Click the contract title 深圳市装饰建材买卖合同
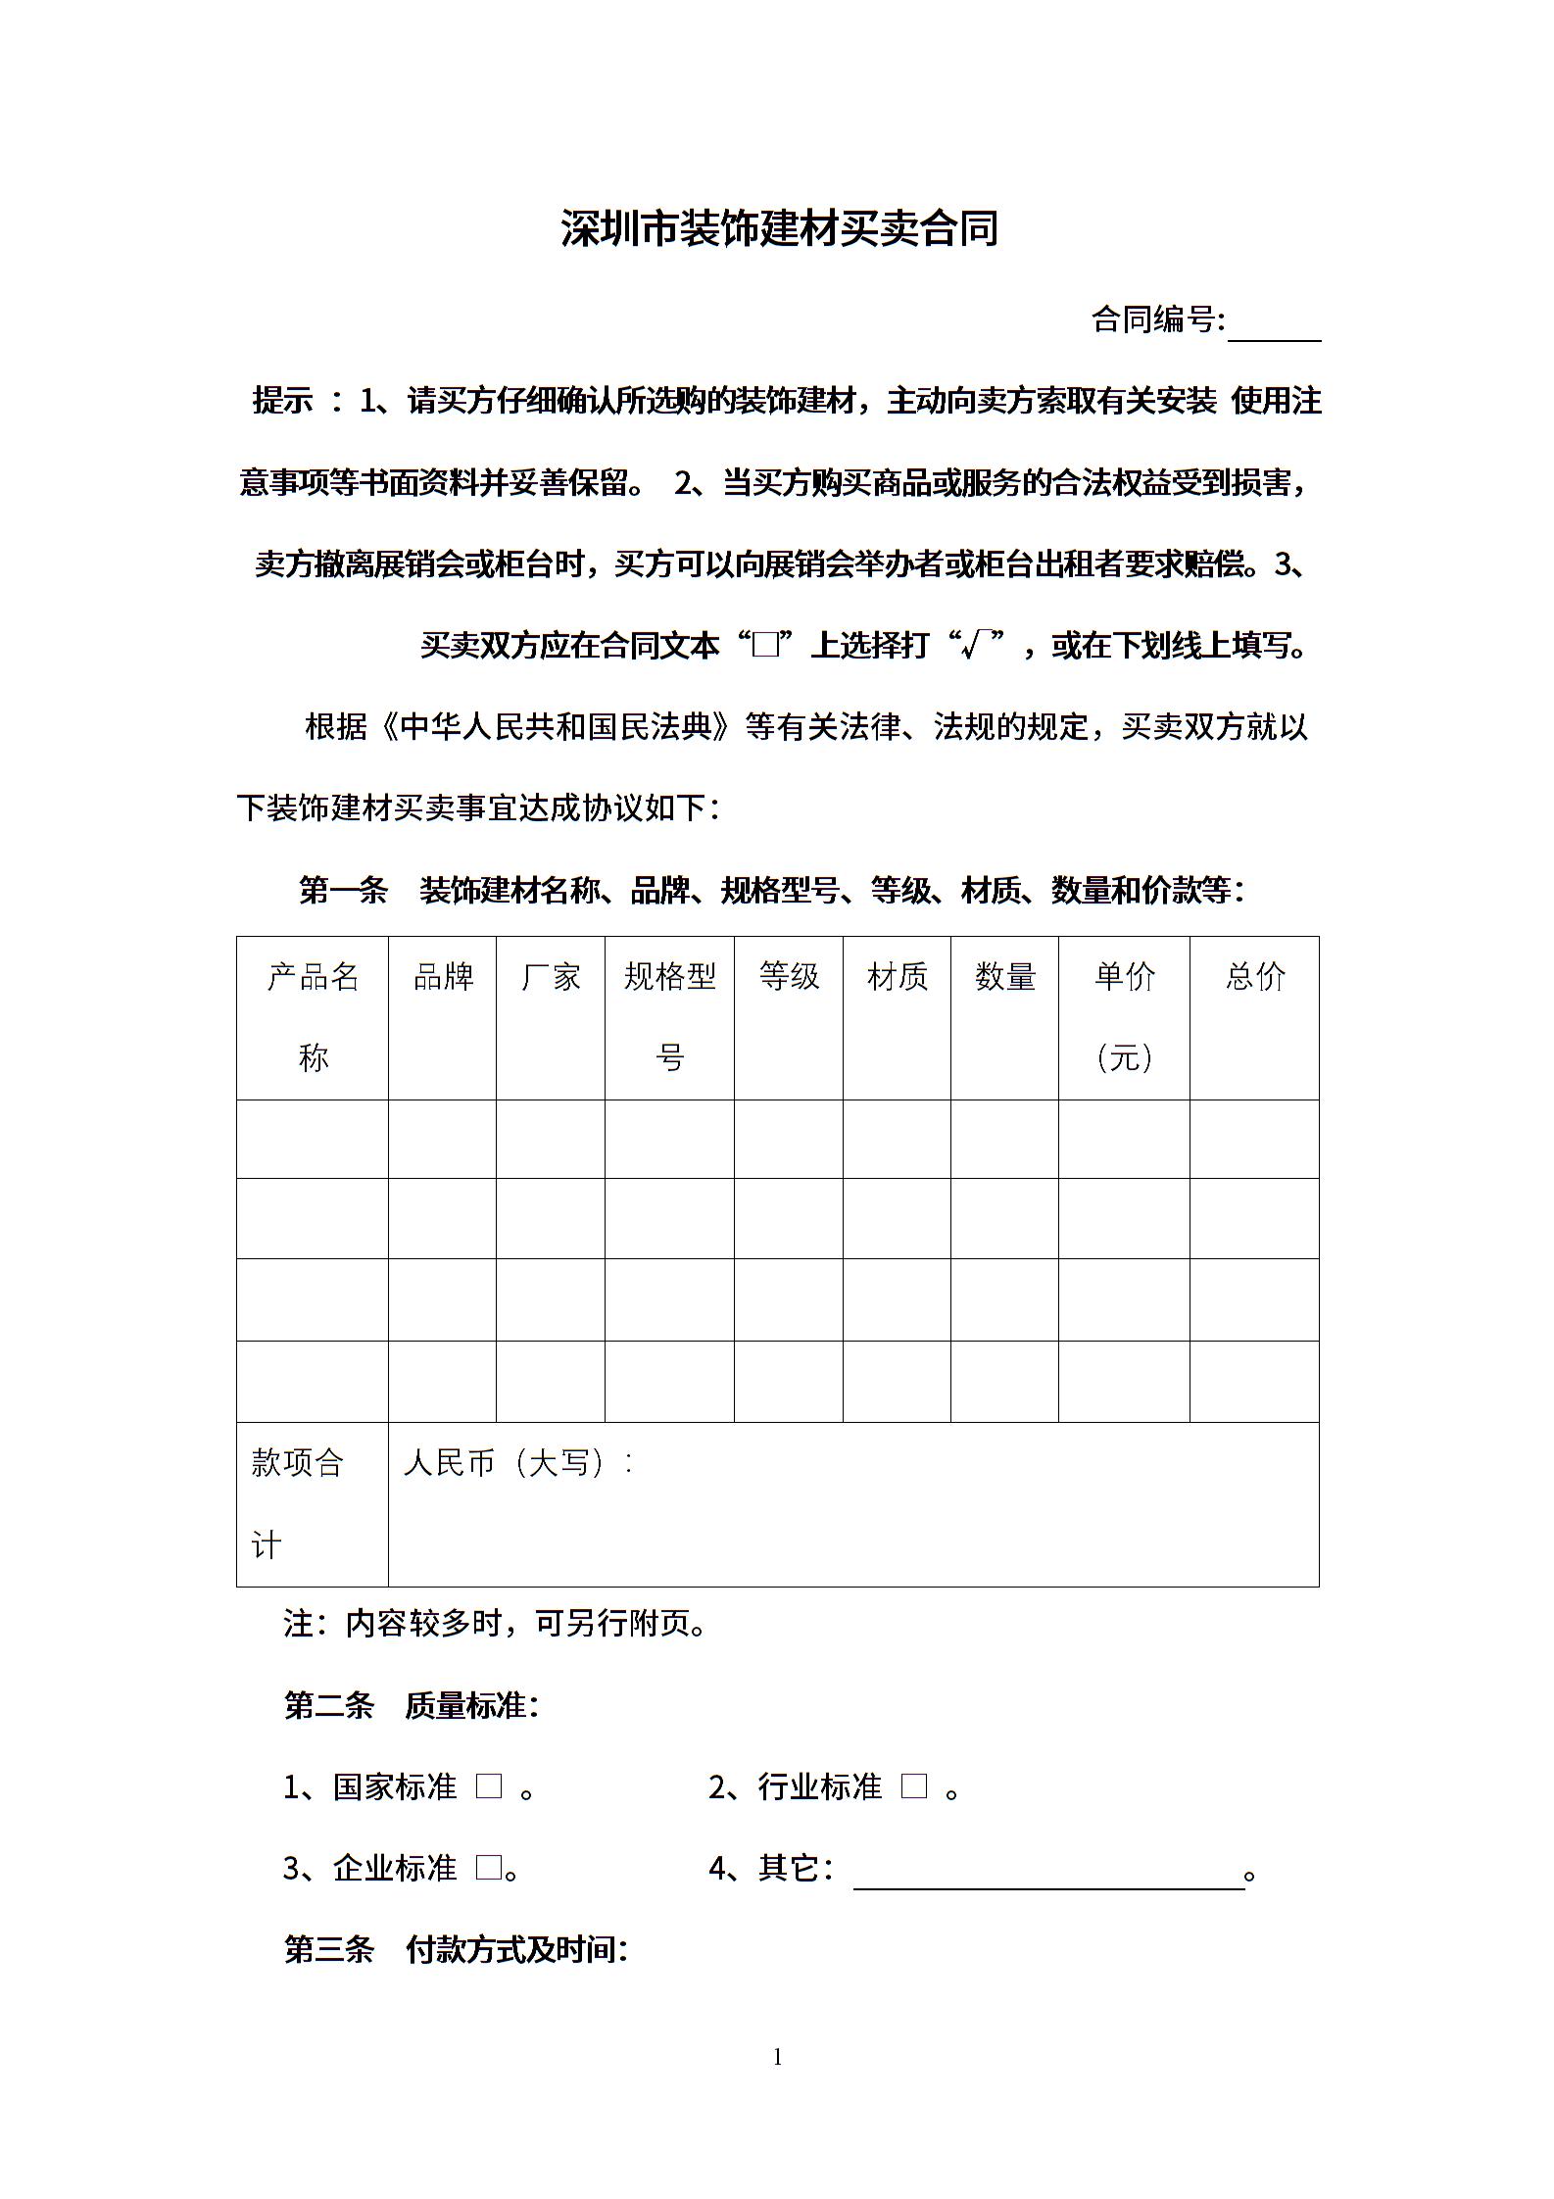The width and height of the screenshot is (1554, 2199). pyautogui.click(x=779, y=228)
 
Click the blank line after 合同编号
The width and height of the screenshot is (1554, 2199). pyautogui.click(x=1274, y=328)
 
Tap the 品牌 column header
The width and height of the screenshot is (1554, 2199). pyautogui.click(x=443, y=976)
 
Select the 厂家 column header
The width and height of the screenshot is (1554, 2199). pyautogui.click(x=551, y=976)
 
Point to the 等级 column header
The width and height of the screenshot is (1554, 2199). pyautogui.click(x=789, y=976)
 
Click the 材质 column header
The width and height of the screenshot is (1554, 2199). pyautogui.click(x=897, y=976)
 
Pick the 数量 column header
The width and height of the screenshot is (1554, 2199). pyautogui.click(x=1004, y=976)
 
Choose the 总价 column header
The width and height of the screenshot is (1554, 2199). pyautogui.click(x=1254, y=976)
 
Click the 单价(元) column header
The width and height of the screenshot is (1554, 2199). pyautogui.click(x=1125, y=1016)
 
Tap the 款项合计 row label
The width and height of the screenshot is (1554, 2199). pyautogui.click(x=298, y=1503)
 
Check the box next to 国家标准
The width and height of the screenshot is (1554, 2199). pyautogui.click(x=489, y=1786)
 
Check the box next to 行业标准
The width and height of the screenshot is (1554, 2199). pyautogui.click(x=913, y=1786)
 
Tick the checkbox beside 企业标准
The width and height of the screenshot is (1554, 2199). pyautogui.click(x=489, y=1868)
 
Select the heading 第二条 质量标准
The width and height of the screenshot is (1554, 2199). pyautogui.click(x=412, y=1706)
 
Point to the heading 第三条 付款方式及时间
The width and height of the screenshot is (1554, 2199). pyautogui.click(x=456, y=1949)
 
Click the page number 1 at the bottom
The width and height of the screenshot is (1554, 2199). pyautogui.click(x=778, y=2057)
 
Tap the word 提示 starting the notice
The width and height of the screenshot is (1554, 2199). pyautogui.click(x=282, y=400)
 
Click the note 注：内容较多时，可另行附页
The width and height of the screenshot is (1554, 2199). pyautogui.click(x=495, y=1624)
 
